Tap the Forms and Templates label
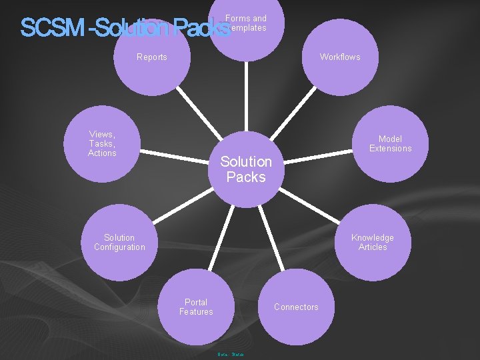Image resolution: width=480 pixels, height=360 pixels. click(246, 23)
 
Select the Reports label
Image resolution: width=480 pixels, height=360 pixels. click(152, 57)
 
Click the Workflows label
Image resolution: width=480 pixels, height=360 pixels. click(340, 57)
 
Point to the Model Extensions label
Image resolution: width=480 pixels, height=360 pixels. click(391, 143)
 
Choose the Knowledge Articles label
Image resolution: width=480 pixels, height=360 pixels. click(373, 242)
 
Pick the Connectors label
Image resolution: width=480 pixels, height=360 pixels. click(296, 307)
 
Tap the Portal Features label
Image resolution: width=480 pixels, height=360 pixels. click(196, 307)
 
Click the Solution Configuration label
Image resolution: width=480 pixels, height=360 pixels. click(119, 242)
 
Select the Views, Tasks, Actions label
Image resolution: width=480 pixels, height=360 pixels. click(102, 143)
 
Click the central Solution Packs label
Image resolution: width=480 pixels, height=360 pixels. click(246, 169)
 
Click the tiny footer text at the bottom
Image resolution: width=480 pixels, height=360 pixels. click(231, 354)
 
